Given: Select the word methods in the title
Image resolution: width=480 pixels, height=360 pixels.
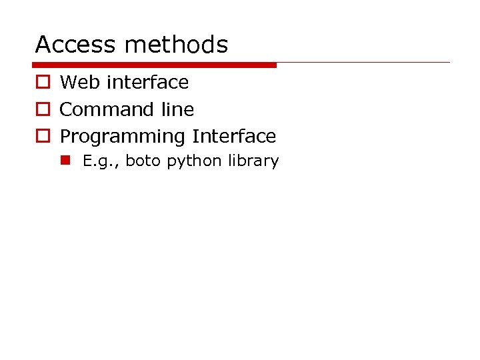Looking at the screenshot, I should (x=176, y=45).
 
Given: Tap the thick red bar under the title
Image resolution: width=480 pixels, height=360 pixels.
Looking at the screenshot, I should (x=154, y=65).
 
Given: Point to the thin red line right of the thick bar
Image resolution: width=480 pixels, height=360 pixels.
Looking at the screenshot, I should (x=363, y=63).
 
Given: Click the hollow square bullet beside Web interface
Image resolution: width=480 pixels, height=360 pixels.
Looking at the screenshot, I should (x=42, y=83).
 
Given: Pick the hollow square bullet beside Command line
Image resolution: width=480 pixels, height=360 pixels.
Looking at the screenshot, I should (x=42, y=109).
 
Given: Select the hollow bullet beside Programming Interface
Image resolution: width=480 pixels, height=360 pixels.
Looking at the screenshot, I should (x=42, y=136).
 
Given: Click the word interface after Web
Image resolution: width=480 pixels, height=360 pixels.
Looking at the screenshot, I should (x=147, y=83).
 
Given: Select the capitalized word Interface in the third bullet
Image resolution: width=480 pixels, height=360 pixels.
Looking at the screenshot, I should (x=234, y=136).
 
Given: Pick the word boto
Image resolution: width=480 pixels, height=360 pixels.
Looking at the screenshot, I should (x=143, y=161).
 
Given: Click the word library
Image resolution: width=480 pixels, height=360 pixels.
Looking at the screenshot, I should (x=253, y=161).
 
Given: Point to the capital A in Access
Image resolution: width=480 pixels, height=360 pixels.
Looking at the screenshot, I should (x=43, y=45).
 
